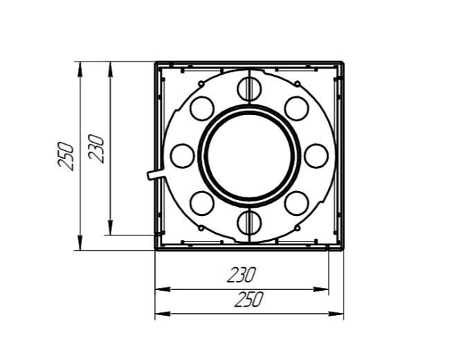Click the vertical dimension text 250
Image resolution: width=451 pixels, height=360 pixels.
pos(66,156)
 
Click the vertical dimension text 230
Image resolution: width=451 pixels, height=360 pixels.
pos(96,148)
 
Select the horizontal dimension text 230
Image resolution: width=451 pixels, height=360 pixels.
pos(241,275)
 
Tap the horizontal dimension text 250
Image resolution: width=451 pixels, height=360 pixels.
pos(248,299)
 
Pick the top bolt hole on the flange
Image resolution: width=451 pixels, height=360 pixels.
pos(250,89)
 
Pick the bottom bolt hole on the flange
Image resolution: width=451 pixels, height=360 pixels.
pos(250,223)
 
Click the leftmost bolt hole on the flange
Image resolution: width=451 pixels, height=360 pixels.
pos(183,156)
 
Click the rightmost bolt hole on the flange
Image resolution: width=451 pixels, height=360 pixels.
pos(316,156)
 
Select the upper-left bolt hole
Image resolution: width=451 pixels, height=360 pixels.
pos(202,109)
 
